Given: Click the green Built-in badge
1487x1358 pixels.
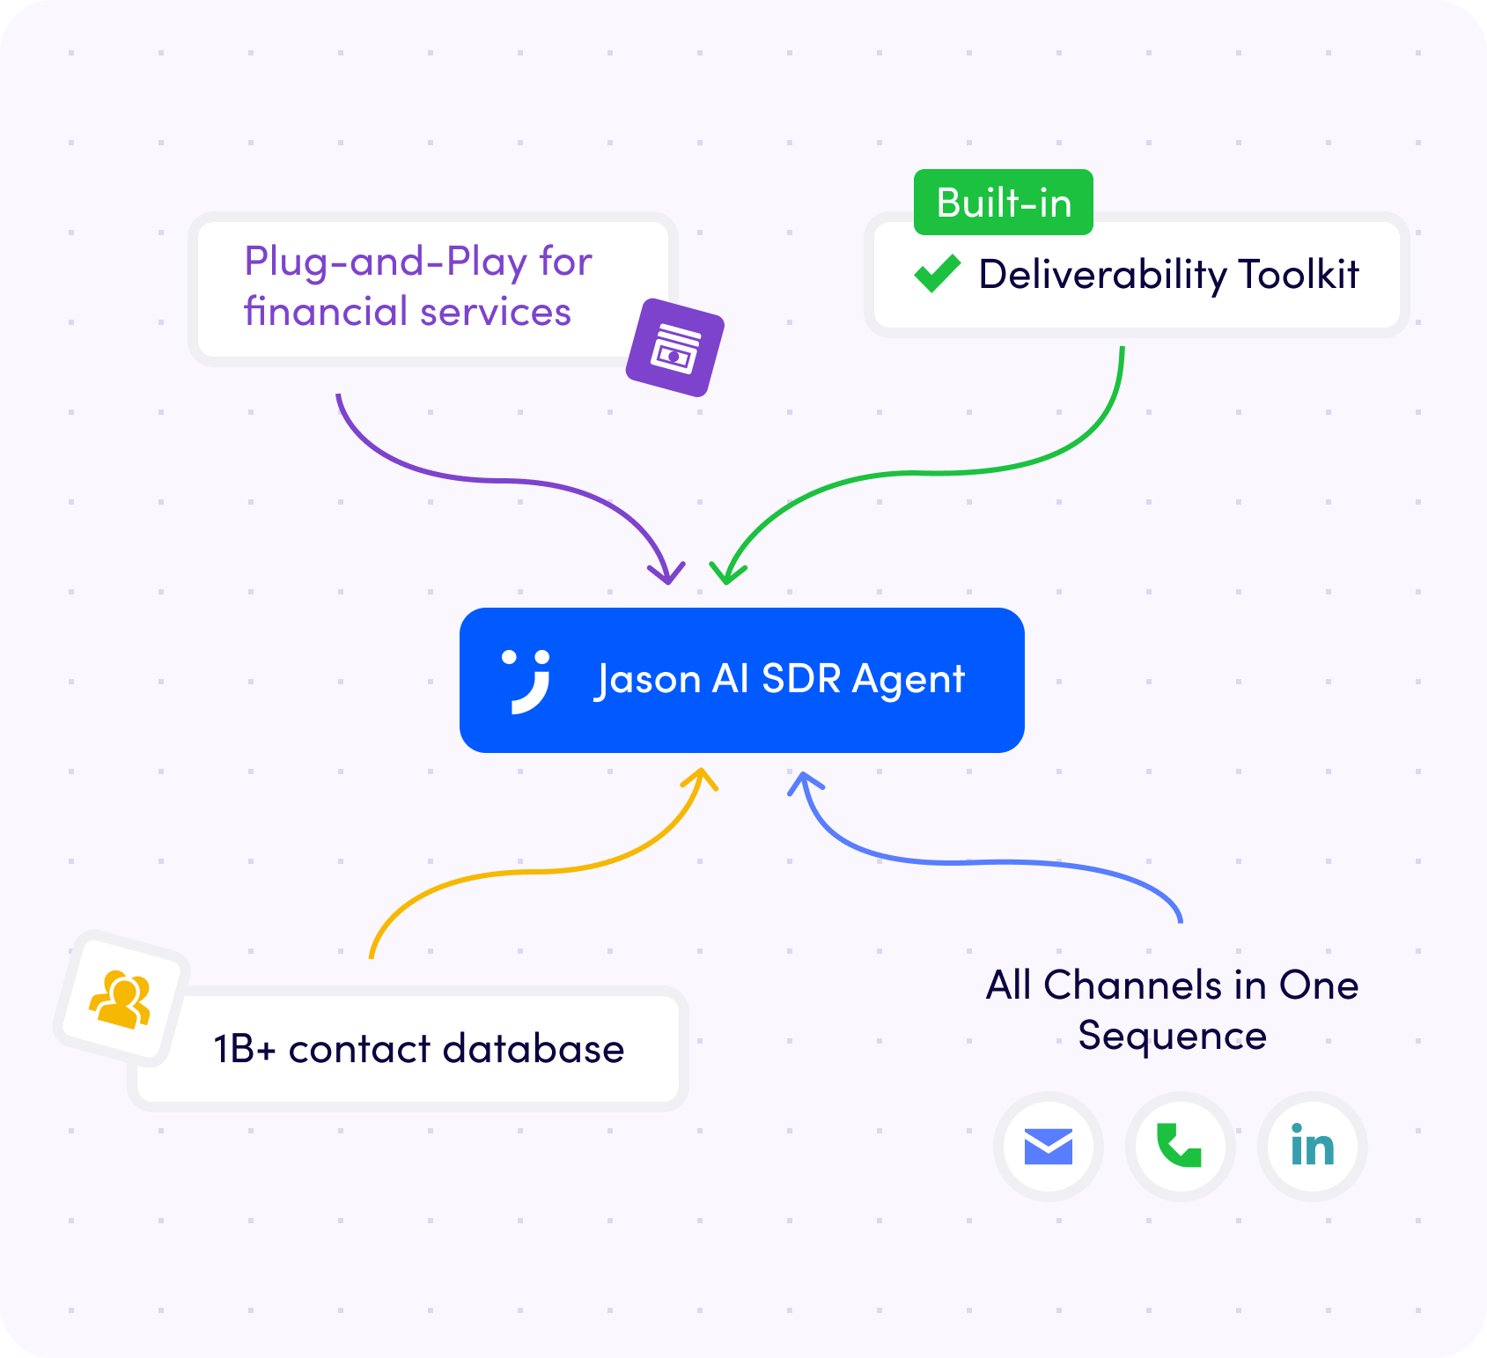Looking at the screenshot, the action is pos(1004,203).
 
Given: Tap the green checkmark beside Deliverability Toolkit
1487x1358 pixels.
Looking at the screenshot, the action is pos(938,273).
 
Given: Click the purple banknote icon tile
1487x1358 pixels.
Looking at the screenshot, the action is pos(675,347).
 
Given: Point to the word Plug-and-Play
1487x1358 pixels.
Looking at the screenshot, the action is pos(386,262).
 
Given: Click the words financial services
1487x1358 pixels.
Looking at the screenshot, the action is pos(408,312).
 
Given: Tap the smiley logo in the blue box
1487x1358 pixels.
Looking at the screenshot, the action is pos(527,682).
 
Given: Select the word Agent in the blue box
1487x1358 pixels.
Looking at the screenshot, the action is pos(909,680).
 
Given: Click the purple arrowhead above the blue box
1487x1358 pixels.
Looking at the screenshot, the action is pos(667,572).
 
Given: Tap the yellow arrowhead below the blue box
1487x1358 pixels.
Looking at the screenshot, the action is pos(702,779).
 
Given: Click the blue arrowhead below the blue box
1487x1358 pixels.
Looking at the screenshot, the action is pos(805,783).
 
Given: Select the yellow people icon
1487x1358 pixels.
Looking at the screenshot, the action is pos(121,999).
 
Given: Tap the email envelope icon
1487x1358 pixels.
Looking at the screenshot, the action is pos(1049,1147).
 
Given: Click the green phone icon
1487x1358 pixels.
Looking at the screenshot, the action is pos(1180,1146).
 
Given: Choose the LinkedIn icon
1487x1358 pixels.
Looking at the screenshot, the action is pos(1313,1146).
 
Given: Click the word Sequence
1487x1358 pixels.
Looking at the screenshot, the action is pos(1173,1036).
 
